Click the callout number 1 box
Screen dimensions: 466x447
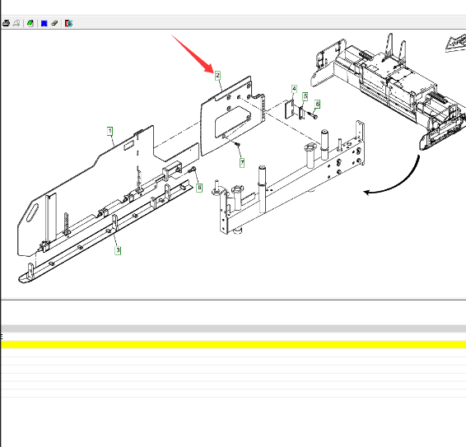110,131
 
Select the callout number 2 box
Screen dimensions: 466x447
218,76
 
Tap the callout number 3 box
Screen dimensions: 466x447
118,250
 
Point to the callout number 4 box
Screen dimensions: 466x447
294,89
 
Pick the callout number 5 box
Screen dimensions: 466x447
305,96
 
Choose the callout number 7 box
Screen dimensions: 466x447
242,163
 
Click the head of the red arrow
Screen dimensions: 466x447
211,68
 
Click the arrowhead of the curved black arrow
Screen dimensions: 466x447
366,193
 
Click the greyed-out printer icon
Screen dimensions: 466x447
16,23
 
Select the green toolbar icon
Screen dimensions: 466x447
30,23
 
